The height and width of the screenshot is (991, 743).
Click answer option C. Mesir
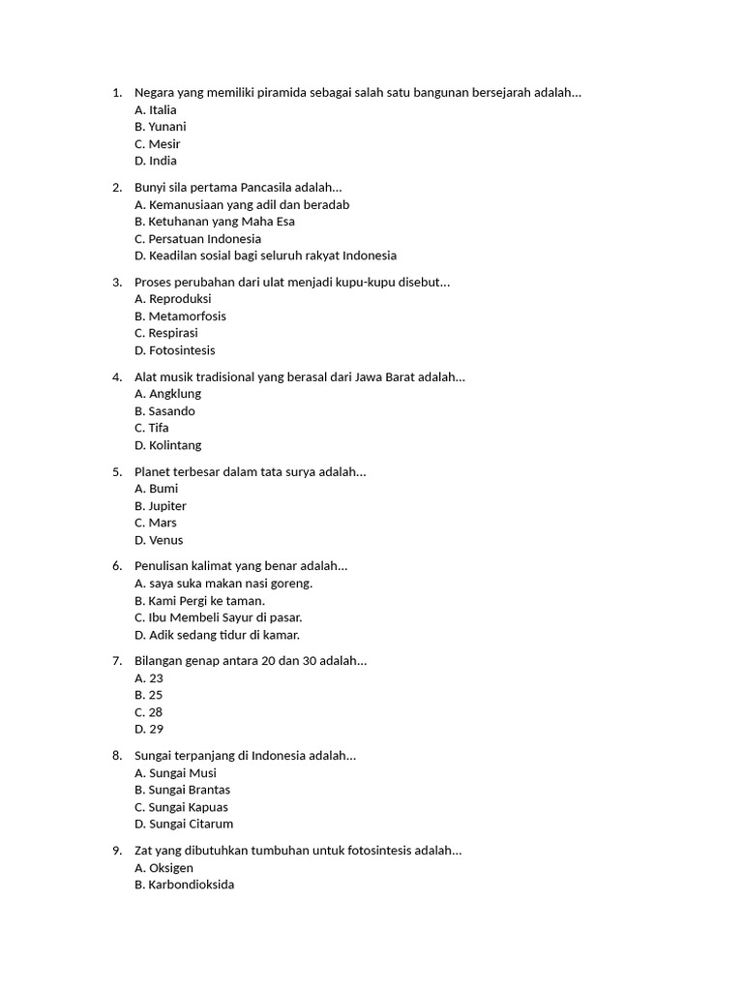click(158, 144)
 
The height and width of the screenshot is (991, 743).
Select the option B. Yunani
click(161, 127)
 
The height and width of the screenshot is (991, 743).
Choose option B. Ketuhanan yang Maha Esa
click(215, 222)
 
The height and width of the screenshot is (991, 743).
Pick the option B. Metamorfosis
click(180, 316)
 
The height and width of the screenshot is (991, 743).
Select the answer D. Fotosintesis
click(175, 350)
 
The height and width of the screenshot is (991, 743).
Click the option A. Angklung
click(168, 394)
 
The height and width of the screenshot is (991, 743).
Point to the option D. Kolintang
click(168, 445)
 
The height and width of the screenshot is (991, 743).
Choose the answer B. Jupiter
click(161, 506)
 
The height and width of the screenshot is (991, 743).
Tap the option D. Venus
click(159, 540)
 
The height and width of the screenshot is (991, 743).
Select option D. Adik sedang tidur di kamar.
click(218, 635)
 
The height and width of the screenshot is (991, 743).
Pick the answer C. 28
click(149, 712)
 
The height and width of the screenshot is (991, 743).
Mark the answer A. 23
click(149, 678)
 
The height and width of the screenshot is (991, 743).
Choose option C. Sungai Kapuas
click(182, 807)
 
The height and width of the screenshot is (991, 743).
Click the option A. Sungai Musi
click(176, 773)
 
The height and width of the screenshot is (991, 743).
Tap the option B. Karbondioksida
click(185, 885)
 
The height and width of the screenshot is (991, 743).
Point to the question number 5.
click(116, 472)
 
